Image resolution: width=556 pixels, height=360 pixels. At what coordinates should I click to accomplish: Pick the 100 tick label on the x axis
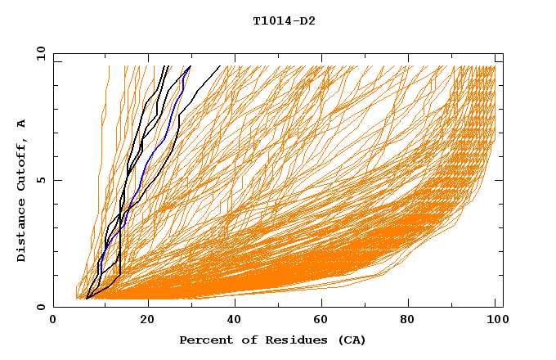(x=495, y=321)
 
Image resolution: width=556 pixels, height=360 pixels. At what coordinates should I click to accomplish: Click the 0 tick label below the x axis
(x=54, y=321)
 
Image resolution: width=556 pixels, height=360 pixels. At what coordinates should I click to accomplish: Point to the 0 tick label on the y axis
(x=40, y=307)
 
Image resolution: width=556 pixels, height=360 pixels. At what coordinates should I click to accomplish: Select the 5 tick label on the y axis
(x=40, y=180)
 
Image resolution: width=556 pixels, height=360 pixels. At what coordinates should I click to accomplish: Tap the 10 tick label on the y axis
(x=38, y=53)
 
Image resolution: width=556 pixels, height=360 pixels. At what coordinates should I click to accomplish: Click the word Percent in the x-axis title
(x=204, y=340)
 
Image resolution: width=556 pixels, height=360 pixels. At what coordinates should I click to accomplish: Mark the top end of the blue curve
(x=190, y=67)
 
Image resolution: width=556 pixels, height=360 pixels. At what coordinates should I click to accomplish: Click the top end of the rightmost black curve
(x=220, y=66)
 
